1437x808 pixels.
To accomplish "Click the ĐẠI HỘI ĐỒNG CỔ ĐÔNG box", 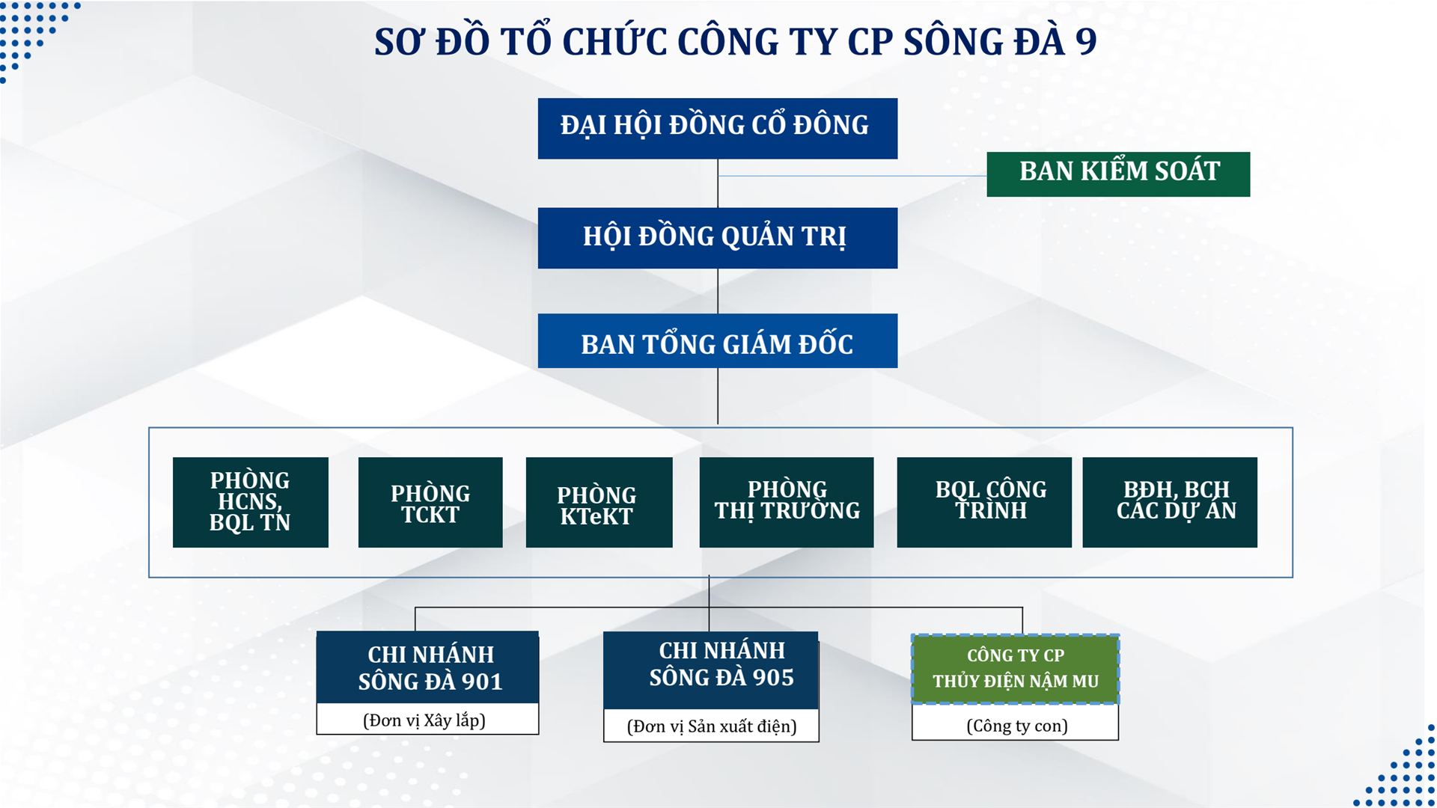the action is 717,128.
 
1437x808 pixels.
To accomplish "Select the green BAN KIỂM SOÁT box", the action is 1118,174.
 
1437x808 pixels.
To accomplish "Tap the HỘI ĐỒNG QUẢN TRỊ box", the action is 717,238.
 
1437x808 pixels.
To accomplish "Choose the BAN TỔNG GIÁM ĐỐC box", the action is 717,340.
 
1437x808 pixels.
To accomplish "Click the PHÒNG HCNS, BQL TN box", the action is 250,502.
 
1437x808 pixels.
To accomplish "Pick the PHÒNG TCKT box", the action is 430,502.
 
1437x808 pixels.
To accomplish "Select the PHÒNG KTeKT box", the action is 599,502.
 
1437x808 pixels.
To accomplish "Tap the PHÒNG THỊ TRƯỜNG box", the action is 787,502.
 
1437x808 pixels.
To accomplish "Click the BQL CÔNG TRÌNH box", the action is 984,502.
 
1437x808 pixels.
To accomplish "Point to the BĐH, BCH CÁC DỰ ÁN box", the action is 1170,502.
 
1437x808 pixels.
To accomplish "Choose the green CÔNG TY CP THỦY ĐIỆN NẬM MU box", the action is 1015,669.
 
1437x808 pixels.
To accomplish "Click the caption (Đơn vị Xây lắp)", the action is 424,720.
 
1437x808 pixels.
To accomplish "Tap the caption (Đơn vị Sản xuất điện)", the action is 712,726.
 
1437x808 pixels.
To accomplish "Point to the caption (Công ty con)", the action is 1017,726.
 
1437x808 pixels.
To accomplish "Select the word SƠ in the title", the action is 399,42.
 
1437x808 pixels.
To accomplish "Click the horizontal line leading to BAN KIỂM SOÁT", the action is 852,176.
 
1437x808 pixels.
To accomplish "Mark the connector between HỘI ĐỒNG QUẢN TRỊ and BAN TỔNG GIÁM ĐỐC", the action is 718,291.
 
